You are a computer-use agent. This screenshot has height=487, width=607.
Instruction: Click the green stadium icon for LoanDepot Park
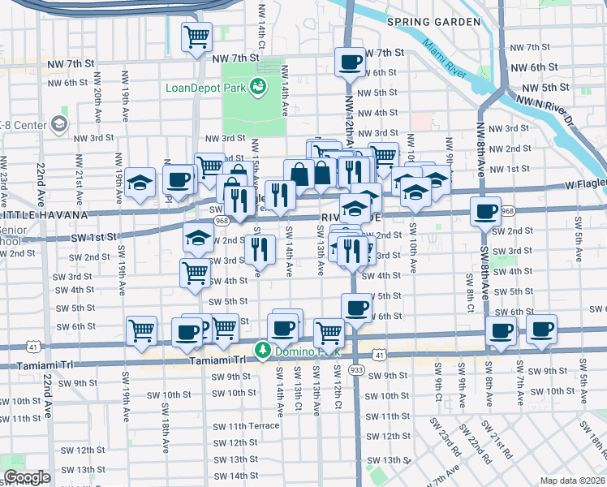point(259,86)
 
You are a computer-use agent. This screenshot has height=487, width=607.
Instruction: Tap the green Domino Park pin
point(263,351)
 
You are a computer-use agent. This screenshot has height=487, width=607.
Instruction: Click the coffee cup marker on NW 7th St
point(351,62)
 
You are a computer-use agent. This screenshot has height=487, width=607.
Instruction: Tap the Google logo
point(27,477)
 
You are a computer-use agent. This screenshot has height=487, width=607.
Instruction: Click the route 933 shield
point(355,368)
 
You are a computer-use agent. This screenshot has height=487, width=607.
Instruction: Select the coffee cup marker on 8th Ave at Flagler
point(487,213)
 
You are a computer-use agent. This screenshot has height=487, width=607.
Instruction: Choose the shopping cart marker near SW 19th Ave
point(141,330)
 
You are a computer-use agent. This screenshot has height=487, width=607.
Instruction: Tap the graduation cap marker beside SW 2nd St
point(196,240)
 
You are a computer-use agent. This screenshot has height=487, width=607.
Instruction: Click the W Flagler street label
point(585,185)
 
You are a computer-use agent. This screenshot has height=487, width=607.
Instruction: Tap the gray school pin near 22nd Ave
point(58,124)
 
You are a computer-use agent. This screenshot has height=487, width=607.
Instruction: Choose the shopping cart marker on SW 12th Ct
point(329,332)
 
